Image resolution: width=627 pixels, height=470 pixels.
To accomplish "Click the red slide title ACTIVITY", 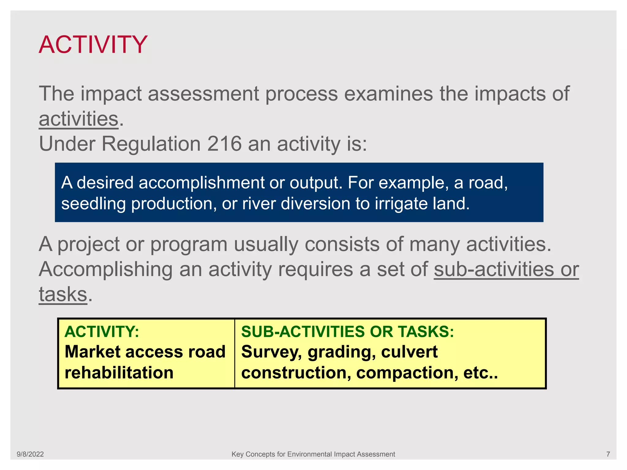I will click(x=93, y=45).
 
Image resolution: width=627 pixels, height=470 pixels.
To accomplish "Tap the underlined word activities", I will click(x=78, y=119).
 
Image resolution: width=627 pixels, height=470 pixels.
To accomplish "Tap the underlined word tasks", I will click(x=63, y=294).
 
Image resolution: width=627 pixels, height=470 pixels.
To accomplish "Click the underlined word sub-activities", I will click(x=494, y=270).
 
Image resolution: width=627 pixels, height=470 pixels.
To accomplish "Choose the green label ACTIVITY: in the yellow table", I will click(x=102, y=332).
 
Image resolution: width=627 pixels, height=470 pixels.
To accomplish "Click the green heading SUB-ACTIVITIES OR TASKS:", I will click(x=347, y=332).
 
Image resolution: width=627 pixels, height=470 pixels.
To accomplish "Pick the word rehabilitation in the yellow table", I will click(x=119, y=373).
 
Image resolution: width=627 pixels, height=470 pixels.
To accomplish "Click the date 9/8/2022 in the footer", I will click(x=30, y=454).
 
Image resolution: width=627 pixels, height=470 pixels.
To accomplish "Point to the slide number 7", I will click(x=608, y=454).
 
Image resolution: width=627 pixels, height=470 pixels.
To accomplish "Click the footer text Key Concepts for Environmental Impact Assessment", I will click(x=313, y=454).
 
